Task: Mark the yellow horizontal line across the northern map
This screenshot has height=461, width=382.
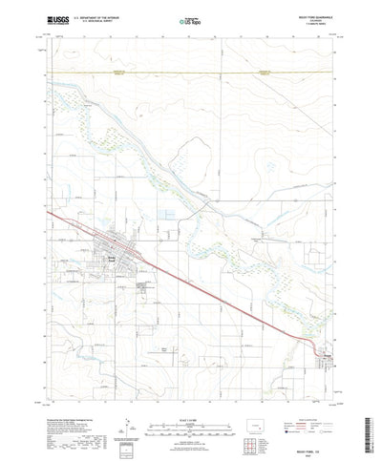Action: pos(191,72)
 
